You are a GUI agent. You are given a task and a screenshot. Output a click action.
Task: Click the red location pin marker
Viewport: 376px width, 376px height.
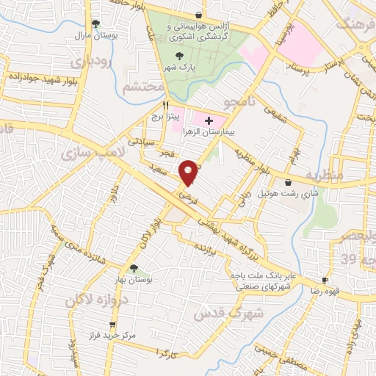click(190, 173)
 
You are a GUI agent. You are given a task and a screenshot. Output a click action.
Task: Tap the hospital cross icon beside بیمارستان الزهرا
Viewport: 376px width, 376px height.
click(209, 120)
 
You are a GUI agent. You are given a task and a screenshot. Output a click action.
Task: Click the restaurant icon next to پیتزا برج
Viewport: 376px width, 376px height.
click(167, 104)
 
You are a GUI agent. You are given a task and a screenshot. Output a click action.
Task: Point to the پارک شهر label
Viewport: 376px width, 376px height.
click(177, 68)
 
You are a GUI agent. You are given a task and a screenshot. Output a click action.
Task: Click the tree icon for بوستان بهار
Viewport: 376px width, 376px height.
click(133, 268)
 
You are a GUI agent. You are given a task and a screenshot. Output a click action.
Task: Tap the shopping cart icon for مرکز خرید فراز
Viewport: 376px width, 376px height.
click(112, 324)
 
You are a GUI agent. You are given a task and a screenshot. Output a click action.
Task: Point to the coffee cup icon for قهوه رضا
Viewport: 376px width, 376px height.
click(325, 281)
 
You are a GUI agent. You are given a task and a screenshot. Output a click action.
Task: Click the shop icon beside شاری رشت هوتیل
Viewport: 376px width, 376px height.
click(287, 182)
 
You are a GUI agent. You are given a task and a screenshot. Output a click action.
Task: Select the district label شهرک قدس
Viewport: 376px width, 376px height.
click(217, 314)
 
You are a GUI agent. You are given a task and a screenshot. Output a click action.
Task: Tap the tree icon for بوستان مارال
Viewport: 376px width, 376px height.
click(96, 23)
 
